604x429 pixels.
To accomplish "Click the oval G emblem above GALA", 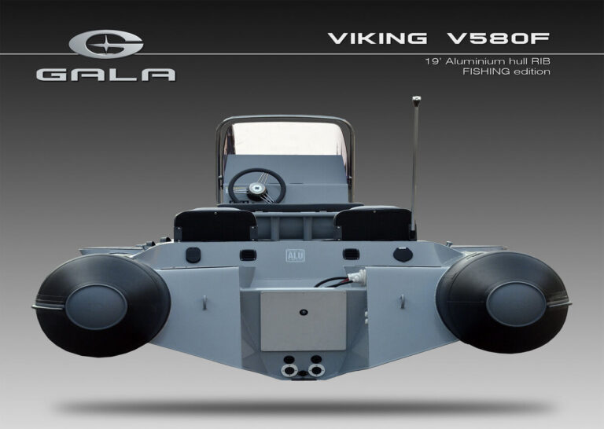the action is click(x=106, y=44).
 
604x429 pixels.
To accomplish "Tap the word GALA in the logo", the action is click(x=106, y=75).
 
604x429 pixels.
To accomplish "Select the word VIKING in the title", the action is click(x=377, y=38).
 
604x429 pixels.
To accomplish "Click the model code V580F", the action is click(x=498, y=38).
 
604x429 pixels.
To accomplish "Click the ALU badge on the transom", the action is click(x=295, y=255).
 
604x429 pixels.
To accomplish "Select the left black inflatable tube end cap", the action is click(x=96, y=306).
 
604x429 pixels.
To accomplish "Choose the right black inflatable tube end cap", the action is click(x=516, y=304).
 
